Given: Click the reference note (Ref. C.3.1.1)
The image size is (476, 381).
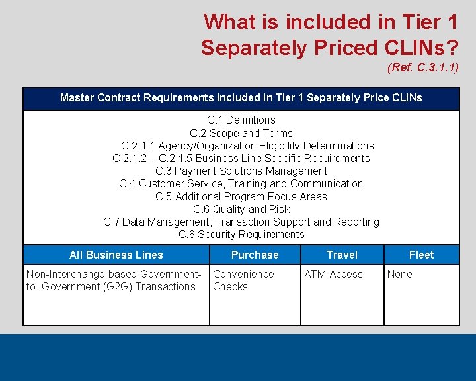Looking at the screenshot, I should (422, 67).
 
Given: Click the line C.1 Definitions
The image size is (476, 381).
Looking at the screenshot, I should (241, 120).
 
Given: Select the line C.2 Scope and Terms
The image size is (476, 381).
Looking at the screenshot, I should (241, 133).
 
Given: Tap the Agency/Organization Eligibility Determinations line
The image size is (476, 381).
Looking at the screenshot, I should (247, 146).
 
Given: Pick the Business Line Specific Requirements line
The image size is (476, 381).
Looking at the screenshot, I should (241, 158).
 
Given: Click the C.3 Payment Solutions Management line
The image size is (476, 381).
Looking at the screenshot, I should (241, 171).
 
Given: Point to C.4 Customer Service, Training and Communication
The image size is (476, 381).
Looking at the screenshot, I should (241, 183).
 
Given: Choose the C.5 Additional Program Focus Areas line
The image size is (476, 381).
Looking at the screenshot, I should (241, 196).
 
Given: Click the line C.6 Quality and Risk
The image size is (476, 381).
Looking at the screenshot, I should (241, 209).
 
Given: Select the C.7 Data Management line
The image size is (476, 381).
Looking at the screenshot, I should (241, 222).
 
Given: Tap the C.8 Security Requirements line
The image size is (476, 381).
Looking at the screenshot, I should (241, 234).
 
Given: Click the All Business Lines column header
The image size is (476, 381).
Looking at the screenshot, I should (116, 255).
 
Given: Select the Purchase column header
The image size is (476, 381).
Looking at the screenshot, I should (255, 255).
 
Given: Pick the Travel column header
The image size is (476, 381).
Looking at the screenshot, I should (342, 255).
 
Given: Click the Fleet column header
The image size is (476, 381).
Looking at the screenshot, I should (421, 255).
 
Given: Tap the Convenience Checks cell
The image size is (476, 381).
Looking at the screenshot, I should (243, 280).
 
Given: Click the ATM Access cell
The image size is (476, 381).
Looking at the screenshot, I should (333, 274).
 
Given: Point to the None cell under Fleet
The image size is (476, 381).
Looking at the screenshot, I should (399, 274).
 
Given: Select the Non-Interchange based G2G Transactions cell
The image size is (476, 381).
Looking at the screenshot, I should (113, 280).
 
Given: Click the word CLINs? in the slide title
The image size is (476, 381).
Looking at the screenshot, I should (418, 48).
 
